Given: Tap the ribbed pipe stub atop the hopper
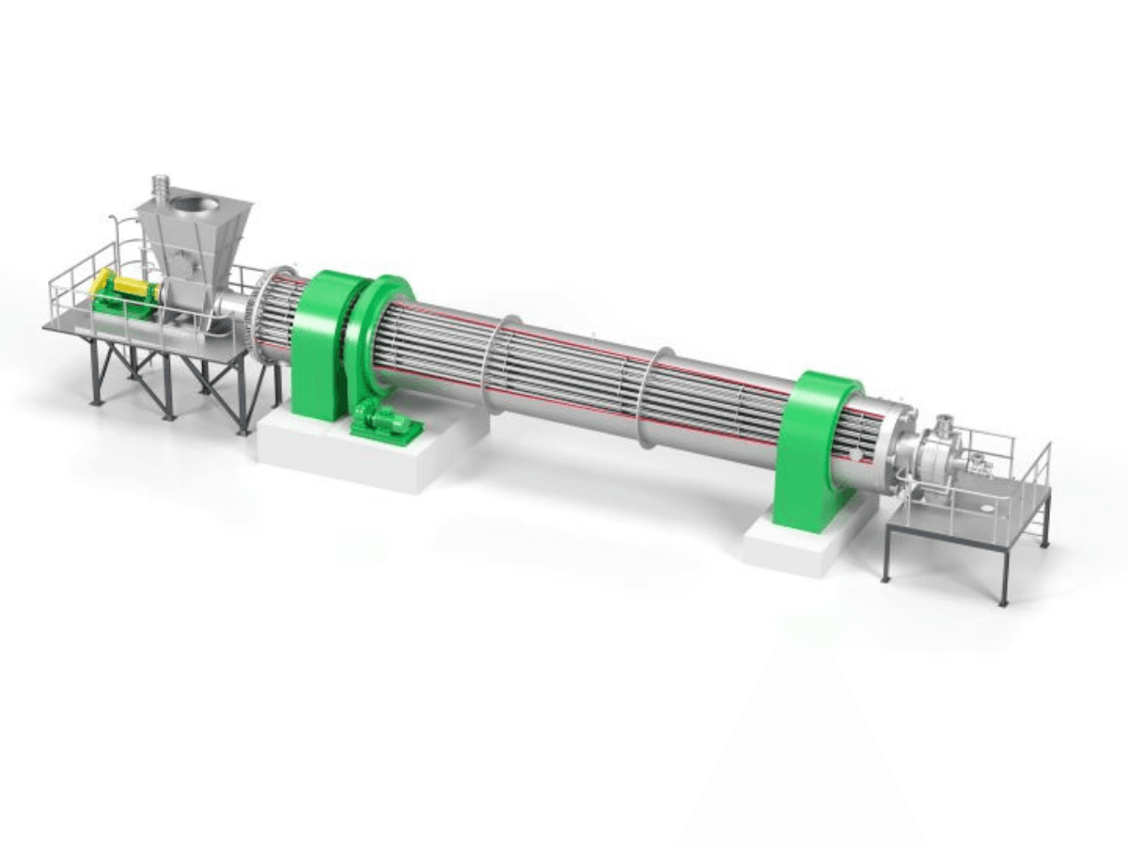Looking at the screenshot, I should coord(161,184).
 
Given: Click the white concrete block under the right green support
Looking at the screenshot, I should coord(799,545).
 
